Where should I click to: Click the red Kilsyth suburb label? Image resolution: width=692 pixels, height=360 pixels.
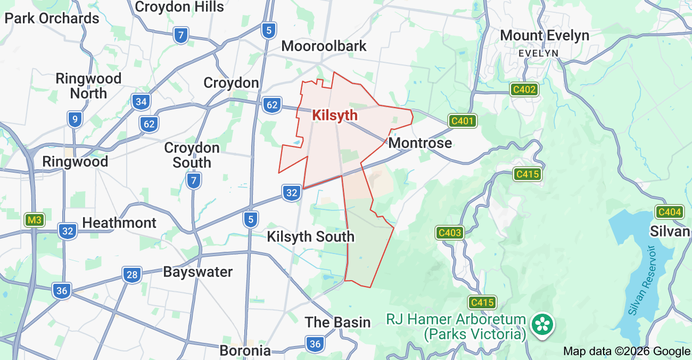pyautogui.click(x=335, y=115)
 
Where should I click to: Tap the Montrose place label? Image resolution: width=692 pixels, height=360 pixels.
pyautogui.click(x=420, y=143)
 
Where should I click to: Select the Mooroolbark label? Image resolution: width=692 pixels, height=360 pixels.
pyautogui.click(x=324, y=46)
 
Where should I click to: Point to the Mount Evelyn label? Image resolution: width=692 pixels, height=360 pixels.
pyautogui.click(x=545, y=36)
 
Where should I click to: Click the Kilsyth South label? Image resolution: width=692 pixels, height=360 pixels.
pyautogui.click(x=311, y=236)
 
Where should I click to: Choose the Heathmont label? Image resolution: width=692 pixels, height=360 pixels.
pyautogui.click(x=119, y=223)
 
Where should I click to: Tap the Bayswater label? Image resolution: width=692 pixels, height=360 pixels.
pyautogui.click(x=197, y=272)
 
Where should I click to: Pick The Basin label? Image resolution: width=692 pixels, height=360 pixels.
pyautogui.click(x=337, y=322)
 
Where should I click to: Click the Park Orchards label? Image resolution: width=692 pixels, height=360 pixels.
pyautogui.click(x=52, y=18)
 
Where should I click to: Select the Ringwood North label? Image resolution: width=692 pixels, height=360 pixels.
pyautogui.click(x=88, y=86)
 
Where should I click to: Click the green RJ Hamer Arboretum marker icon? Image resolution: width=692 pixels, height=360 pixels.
pyautogui.click(x=543, y=324)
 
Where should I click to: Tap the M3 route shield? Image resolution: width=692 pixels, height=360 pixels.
pyautogui.click(x=35, y=220)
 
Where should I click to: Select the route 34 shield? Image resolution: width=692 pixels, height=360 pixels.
pyautogui.click(x=141, y=102)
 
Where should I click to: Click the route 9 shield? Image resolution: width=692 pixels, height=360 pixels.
pyautogui.click(x=75, y=119)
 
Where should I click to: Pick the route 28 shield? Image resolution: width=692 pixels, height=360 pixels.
pyautogui.click(x=132, y=275)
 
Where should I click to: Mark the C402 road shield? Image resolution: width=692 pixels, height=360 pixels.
pyautogui.click(x=524, y=89)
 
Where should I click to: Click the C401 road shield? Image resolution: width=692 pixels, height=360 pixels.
pyautogui.click(x=462, y=121)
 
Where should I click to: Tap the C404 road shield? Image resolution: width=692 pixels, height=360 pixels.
pyautogui.click(x=669, y=212)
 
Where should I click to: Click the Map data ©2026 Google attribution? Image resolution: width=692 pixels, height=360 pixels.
pyautogui.click(x=627, y=351)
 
